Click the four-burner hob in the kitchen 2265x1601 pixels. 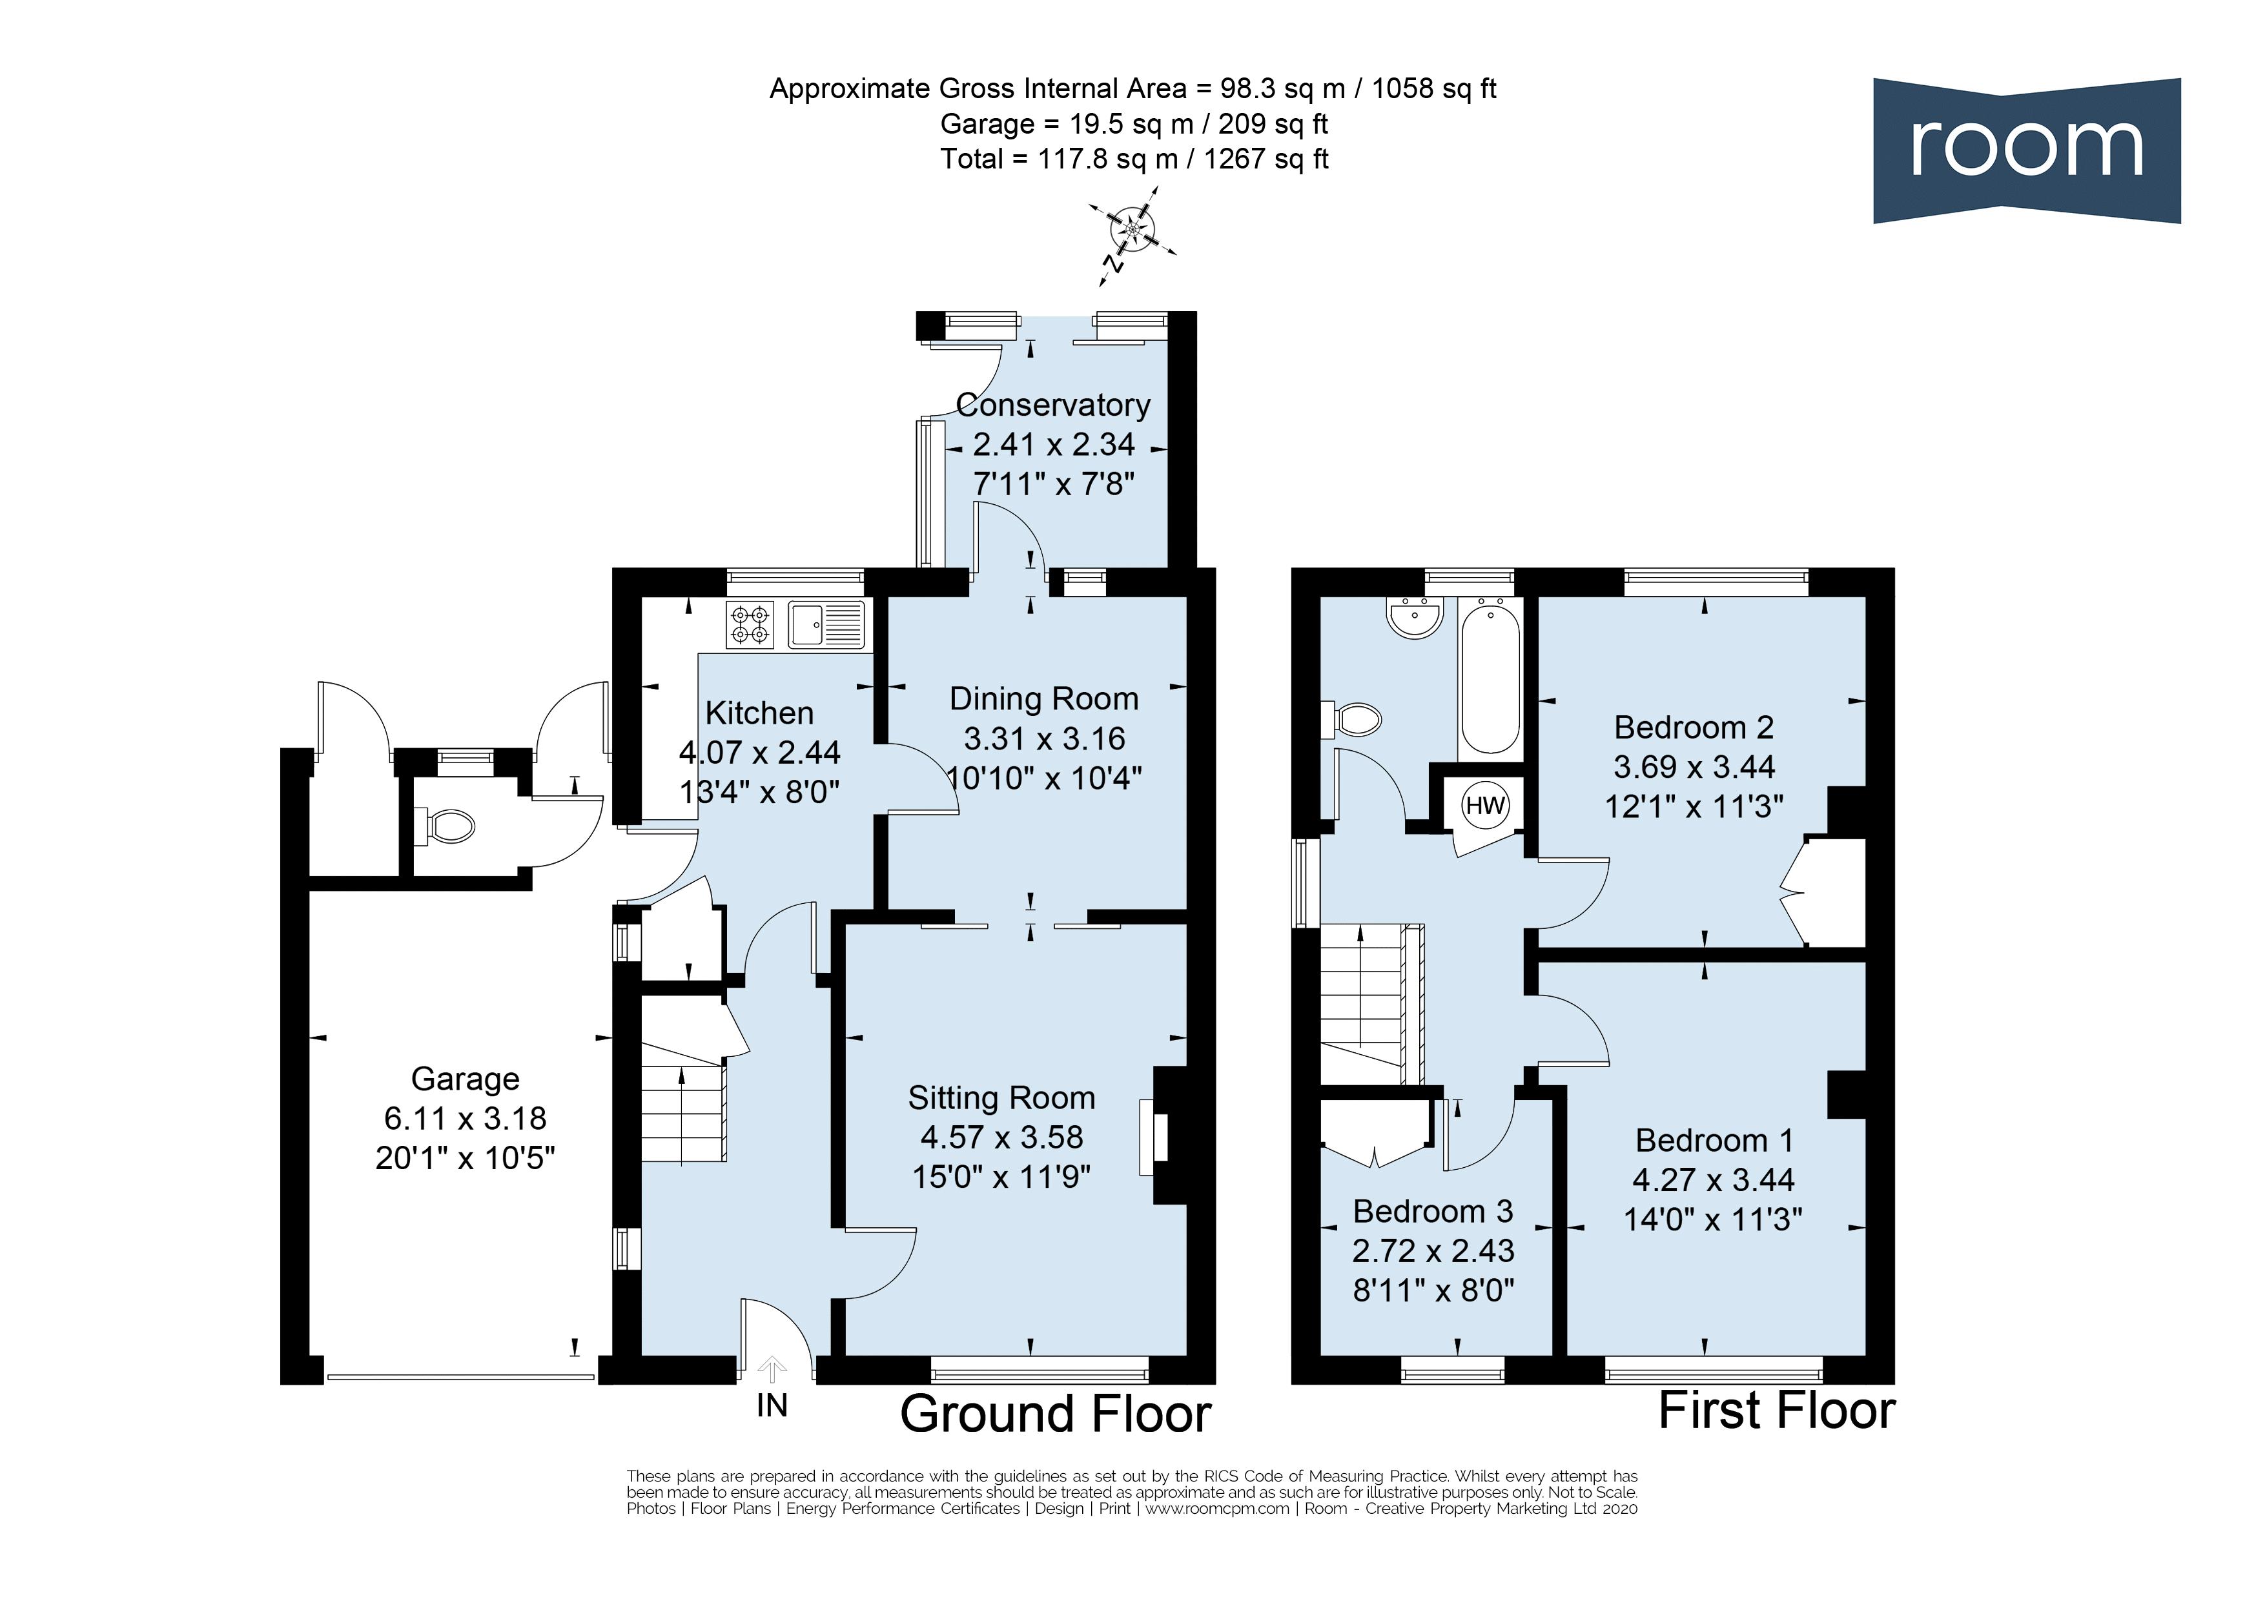click(x=750, y=624)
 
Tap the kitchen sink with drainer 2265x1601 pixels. click(x=826, y=624)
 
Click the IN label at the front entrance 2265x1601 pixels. click(x=772, y=1405)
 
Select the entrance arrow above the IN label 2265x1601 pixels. click(x=772, y=1369)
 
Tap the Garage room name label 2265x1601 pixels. click(x=465, y=1079)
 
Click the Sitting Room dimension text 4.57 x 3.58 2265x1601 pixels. click(x=1001, y=1137)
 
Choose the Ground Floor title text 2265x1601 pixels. click(x=1056, y=1414)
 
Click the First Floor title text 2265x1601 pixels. click(x=1777, y=1411)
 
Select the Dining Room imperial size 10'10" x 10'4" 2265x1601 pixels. click(x=1043, y=779)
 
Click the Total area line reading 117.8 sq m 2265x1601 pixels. click(x=1134, y=159)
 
